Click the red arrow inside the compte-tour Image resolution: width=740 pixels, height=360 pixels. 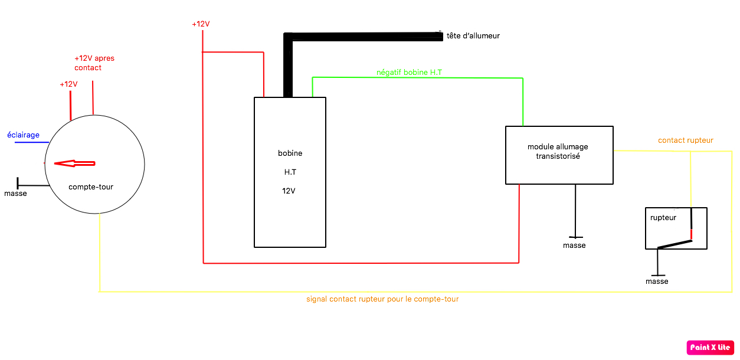tap(74, 163)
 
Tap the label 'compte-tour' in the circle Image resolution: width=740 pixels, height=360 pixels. tap(91, 187)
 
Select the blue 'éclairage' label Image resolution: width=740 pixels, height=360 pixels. tap(23, 135)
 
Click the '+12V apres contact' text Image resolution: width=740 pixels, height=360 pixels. tap(94, 63)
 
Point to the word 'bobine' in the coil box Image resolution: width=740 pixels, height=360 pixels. tap(290, 153)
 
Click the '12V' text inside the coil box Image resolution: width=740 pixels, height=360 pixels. tap(289, 191)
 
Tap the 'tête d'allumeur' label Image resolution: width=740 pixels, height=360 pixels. tap(473, 36)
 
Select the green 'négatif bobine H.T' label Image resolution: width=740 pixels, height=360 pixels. tap(409, 72)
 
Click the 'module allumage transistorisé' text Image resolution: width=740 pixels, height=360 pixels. tap(558, 152)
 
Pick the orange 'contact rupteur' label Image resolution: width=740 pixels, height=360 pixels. tap(685, 140)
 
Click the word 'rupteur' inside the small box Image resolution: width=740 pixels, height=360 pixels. tap(663, 218)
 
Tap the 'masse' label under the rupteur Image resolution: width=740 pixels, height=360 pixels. tap(657, 282)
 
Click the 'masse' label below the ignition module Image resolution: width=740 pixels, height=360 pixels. tap(574, 246)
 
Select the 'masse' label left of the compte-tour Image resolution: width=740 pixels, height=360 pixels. tap(15, 194)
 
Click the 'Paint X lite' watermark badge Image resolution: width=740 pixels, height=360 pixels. tap(710, 348)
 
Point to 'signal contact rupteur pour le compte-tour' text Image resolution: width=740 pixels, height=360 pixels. tap(382, 299)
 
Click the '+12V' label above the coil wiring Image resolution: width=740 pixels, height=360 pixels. tap(201, 24)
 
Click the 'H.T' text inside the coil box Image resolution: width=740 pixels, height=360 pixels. tap(290, 172)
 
